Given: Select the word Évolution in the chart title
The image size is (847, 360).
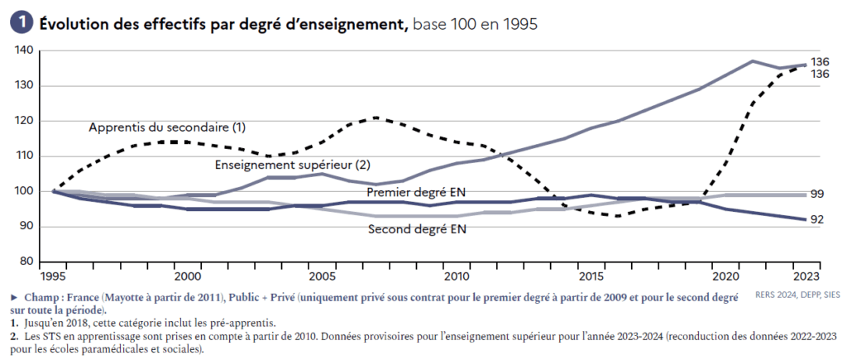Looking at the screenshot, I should click(73, 24).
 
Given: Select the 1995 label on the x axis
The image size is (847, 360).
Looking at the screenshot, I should click(54, 276).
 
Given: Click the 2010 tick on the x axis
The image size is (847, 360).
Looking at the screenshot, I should click(457, 276).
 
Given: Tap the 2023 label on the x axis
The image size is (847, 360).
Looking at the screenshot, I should click(806, 276).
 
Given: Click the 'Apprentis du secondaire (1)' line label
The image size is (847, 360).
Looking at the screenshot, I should click(167, 127).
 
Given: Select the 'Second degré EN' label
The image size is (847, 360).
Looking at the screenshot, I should click(417, 228).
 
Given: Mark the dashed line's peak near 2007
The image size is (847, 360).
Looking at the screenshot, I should click(376, 118).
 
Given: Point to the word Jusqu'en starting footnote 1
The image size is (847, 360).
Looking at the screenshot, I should click(37, 323).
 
